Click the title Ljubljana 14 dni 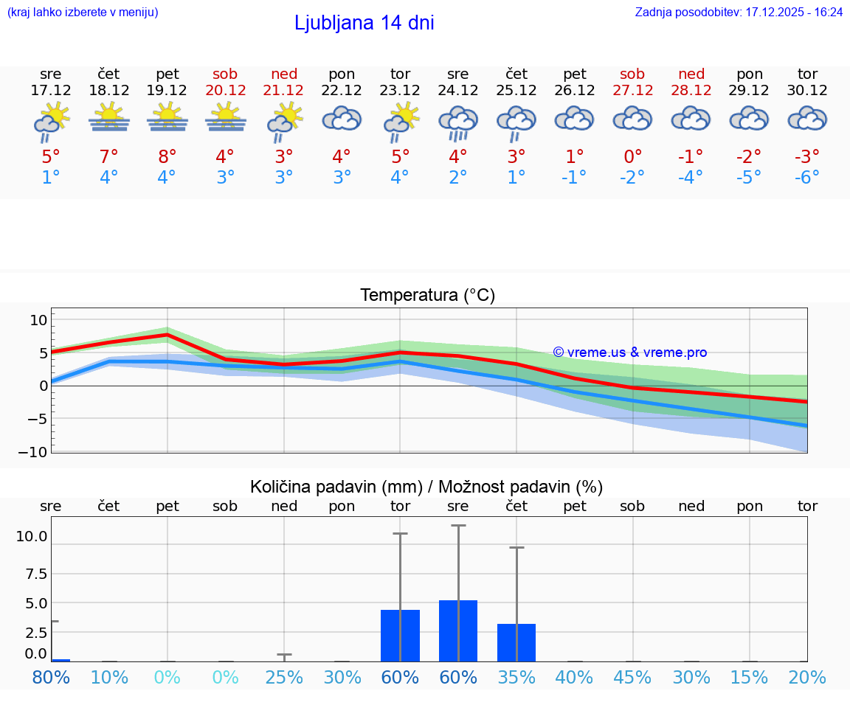click(364, 23)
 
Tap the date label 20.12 click(226, 91)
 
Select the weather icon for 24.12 click(458, 122)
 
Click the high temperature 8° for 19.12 click(167, 156)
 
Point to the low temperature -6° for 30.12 click(807, 177)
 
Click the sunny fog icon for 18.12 click(109, 118)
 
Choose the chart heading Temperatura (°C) click(427, 296)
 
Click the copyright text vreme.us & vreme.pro click(629, 352)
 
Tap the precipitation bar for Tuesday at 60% click(400, 635)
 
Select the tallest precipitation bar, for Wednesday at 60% click(458, 631)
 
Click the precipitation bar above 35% click(516, 642)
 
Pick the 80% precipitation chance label click(51, 677)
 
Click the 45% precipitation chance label click(633, 677)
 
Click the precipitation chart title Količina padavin click(426, 487)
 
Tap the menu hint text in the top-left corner click(83, 13)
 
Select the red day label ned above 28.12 click(691, 74)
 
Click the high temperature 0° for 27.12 click(633, 156)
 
